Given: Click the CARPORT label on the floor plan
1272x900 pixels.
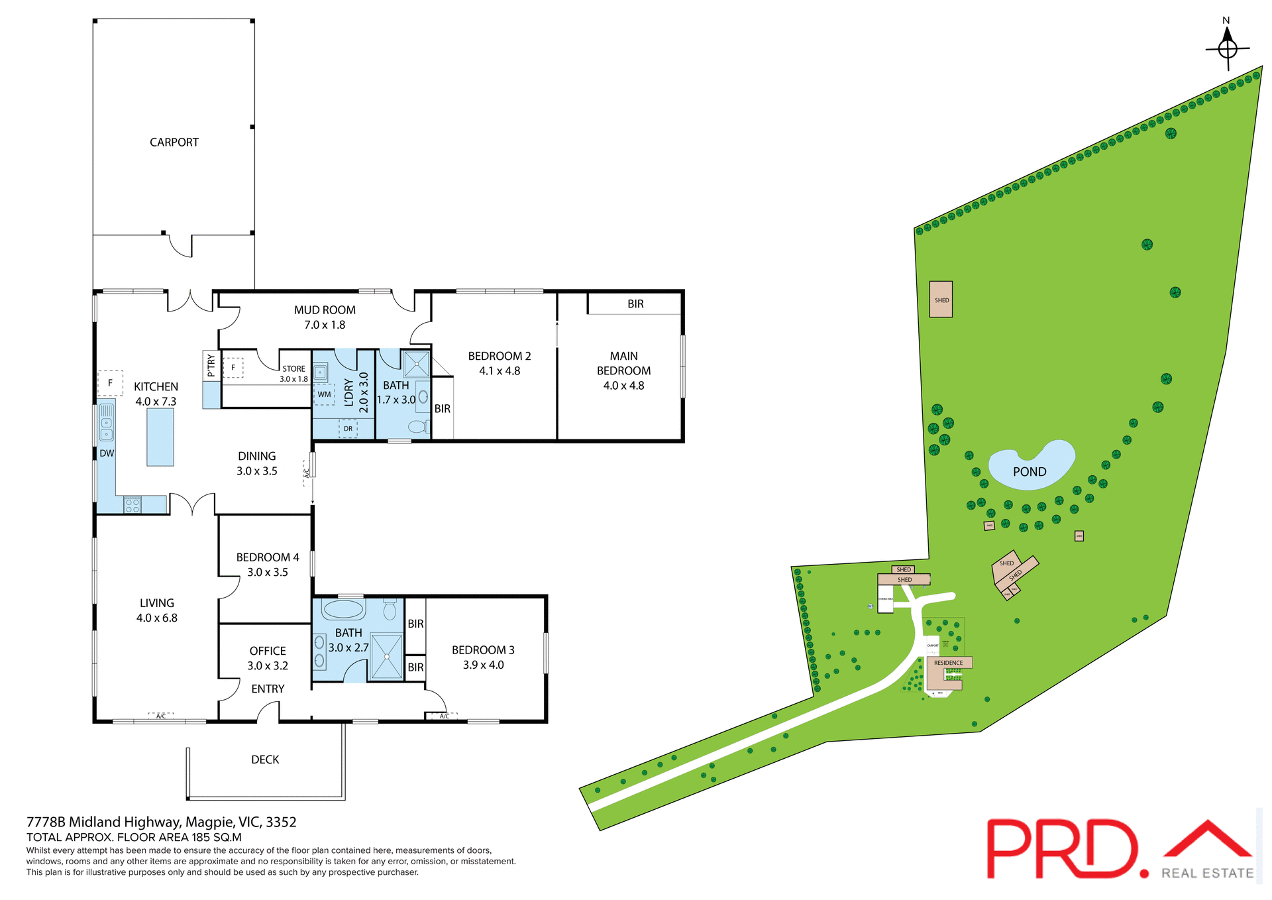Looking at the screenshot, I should click(x=174, y=142).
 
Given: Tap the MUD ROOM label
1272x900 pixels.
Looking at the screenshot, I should click(x=325, y=310).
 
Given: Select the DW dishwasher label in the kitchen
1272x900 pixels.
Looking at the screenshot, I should click(x=107, y=453).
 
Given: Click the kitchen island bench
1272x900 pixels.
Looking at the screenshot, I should click(x=160, y=437).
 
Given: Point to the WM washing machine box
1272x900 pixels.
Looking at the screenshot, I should click(x=324, y=394).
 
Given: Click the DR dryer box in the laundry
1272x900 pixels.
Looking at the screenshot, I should click(x=348, y=429).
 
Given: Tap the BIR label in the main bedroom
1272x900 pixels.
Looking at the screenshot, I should click(x=635, y=304).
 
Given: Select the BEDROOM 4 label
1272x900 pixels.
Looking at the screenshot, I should click(x=268, y=557).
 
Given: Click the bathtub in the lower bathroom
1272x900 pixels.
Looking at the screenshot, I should click(x=343, y=608).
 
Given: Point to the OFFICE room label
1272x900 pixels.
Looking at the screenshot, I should click(x=268, y=651).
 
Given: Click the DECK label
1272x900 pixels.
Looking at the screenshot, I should click(x=265, y=759).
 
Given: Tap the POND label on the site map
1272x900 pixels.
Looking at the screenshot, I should click(x=1030, y=472).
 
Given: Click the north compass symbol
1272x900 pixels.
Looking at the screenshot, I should click(x=1228, y=48).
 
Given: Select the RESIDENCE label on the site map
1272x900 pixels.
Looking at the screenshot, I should click(x=948, y=663).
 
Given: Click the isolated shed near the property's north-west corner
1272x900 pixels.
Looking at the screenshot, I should click(x=941, y=300).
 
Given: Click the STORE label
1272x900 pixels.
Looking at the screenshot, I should click(x=293, y=369).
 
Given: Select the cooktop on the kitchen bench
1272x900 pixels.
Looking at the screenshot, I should click(x=132, y=506).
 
